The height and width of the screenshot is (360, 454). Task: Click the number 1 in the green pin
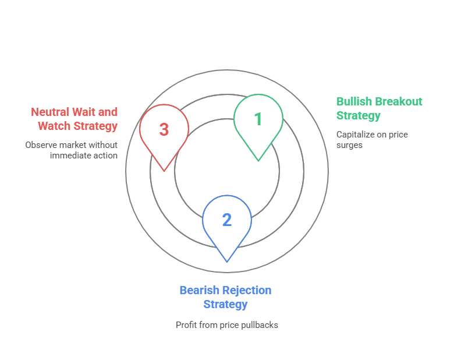coord(258,119)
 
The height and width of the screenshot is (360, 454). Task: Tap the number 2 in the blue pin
coord(227,220)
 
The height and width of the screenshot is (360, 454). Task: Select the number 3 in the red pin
coord(164,129)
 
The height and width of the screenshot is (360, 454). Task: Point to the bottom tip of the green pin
coord(258,161)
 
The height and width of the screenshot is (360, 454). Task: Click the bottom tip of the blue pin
coord(227,262)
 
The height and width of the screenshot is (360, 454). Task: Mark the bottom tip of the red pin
coord(164,171)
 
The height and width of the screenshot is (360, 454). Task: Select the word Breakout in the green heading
coord(399,101)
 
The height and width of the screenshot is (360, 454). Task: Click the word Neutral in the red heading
coord(50,112)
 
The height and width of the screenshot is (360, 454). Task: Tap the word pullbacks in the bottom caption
coord(260,325)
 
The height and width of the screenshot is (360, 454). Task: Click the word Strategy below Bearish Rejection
coord(225,304)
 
